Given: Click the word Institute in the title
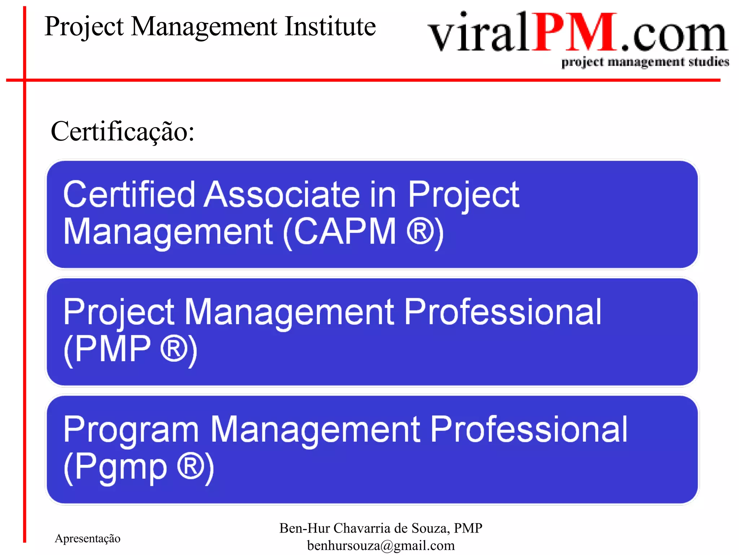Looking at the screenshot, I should (x=330, y=27).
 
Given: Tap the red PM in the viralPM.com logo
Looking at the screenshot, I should (x=576, y=33).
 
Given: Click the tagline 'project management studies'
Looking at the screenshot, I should (x=645, y=62).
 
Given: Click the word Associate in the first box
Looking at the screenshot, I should (x=282, y=195).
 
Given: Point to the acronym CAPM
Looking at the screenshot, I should (x=345, y=232).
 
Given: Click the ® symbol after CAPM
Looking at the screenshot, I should (x=420, y=232).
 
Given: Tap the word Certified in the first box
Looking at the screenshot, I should (x=129, y=195).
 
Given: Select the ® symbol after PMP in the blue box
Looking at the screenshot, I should (x=174, y=349).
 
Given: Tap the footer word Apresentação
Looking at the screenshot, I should (x=88, y=538).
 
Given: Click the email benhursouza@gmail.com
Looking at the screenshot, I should (x=381, y=546).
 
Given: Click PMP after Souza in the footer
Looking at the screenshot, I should (x=468, y=528).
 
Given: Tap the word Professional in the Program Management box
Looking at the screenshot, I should (x=529, y=430).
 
